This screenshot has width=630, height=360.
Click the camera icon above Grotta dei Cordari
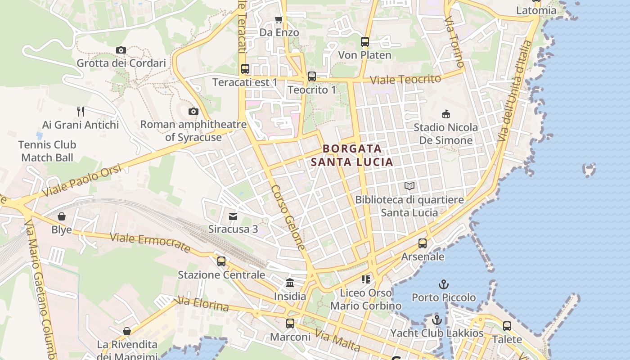(121, 50)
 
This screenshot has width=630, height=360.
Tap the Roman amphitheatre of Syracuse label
(193, 130)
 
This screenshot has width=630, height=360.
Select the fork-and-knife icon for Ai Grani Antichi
(81, 111)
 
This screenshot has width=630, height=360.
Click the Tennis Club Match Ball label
(47, 151)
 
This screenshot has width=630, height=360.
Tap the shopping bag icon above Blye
(62, 216)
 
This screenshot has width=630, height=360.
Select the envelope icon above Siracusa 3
(233, 216)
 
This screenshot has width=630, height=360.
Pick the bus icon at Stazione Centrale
(221, 261)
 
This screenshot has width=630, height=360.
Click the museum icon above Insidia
(290, 283)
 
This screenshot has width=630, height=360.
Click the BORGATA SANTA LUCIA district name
(352, 155)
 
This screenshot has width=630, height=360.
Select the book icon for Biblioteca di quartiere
(409, 186)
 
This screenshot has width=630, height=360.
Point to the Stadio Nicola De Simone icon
(446, 114)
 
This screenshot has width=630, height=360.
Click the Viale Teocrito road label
(405, 79)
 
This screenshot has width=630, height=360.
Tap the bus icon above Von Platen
(364, 42)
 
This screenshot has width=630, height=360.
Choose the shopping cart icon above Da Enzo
(279, 19)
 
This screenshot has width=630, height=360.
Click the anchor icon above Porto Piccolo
(444, 284)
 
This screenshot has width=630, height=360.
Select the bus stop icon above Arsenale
(422, 243)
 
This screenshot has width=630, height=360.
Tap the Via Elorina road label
(204, 304)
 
